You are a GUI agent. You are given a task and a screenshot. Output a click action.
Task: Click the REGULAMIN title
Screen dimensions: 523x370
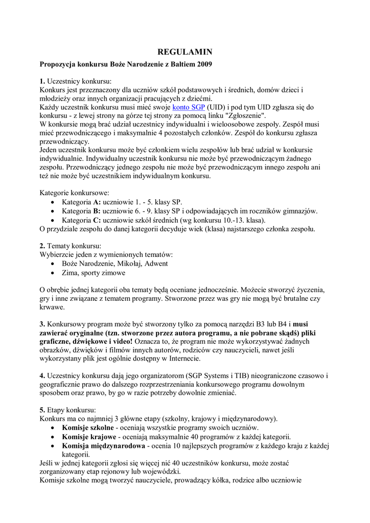pyautogui.click(x=184, y=52)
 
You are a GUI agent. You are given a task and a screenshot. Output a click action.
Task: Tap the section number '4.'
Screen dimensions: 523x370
pyautogui.click(x=42, y=375)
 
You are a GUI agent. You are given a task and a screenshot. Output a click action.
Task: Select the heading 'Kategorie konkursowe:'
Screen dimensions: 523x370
pyautogui.click(x=74, y=193)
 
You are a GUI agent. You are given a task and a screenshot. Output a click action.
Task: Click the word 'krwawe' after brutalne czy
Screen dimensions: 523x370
pyautogui.click(x=52, y=307)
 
